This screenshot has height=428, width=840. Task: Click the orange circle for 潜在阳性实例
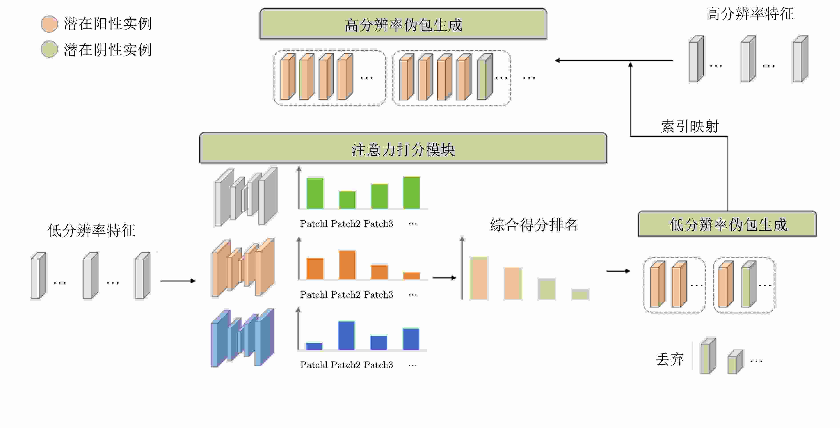[x=49, y=24]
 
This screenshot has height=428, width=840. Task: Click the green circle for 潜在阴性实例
[x=49, y=49]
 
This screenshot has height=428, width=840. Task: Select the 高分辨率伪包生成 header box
[x=403, y=24]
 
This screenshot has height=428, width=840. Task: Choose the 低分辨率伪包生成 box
[x=727, y=224]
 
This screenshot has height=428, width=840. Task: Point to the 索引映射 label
[x=690, y=126]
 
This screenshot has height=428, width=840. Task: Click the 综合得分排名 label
[x=534, y=225]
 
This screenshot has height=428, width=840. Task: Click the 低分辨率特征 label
[x=91, y=230]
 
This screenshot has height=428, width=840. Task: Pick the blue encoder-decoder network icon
[x=243, y=338]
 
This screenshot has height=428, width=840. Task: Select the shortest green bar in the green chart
[x=347, y=200]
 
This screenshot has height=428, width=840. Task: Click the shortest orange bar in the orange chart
[x=412, y=276]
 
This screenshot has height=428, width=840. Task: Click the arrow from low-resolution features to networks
[x=178, y=281]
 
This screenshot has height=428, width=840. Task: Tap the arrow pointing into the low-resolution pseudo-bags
[x=618, y=271]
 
